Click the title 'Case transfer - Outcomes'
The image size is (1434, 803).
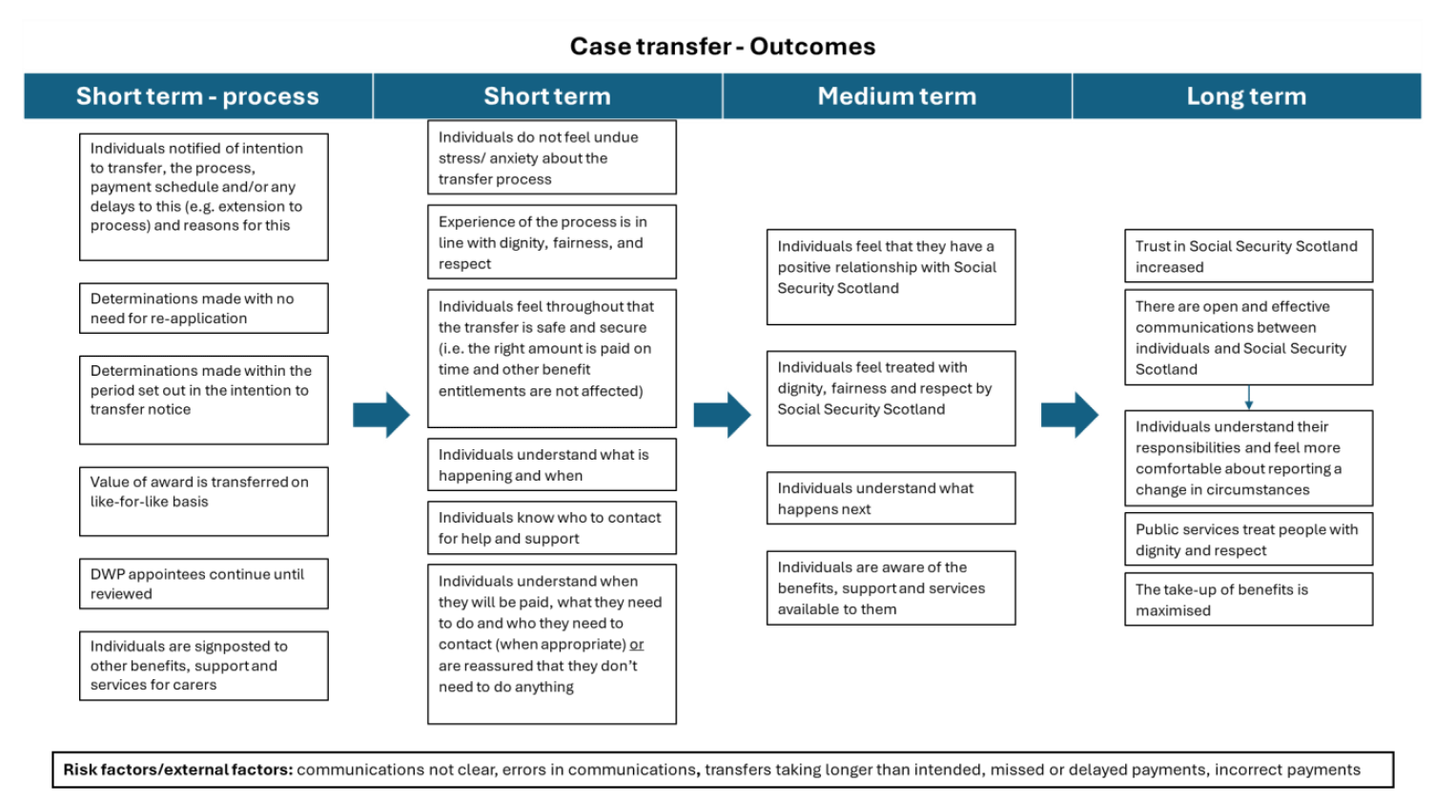[722, 46]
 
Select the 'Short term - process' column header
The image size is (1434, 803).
[197, 96]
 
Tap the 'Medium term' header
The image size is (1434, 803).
[896, 96]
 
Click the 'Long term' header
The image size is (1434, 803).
[1245, 96]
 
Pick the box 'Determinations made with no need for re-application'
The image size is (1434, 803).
[203, 308]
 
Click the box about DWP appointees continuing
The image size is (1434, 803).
[203, 584]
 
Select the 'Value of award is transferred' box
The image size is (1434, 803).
[203, 501]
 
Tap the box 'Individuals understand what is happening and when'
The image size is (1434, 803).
[551, 464]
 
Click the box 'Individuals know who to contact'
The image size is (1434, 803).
[551, 527]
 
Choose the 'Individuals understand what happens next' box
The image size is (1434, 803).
[891, 498]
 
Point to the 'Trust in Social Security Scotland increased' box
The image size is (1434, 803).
[1248, 256]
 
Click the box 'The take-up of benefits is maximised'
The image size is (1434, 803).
[1248, 599]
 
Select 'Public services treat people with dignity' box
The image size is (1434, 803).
[1248, 539]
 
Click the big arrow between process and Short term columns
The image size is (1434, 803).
[381, 415]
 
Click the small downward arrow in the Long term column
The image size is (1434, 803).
[1249, 398]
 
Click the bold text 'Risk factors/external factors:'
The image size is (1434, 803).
[178, 770]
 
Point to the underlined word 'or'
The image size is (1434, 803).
[636, 645]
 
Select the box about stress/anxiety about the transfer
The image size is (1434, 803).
[551, 157]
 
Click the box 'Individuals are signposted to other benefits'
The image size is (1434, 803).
[203, 666]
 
